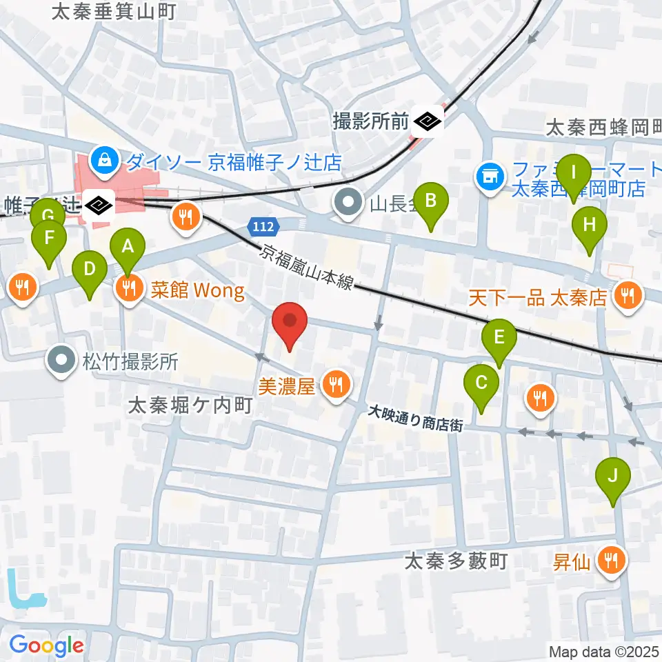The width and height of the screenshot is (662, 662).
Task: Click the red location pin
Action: (290, 323)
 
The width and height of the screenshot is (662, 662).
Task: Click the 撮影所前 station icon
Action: (428, 123)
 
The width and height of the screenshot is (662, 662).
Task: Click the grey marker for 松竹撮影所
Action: (62, 360)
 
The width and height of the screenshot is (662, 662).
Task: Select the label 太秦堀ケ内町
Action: (189, 406)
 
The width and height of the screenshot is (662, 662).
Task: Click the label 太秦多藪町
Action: (456, 561)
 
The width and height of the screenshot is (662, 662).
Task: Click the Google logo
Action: (47, 645)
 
